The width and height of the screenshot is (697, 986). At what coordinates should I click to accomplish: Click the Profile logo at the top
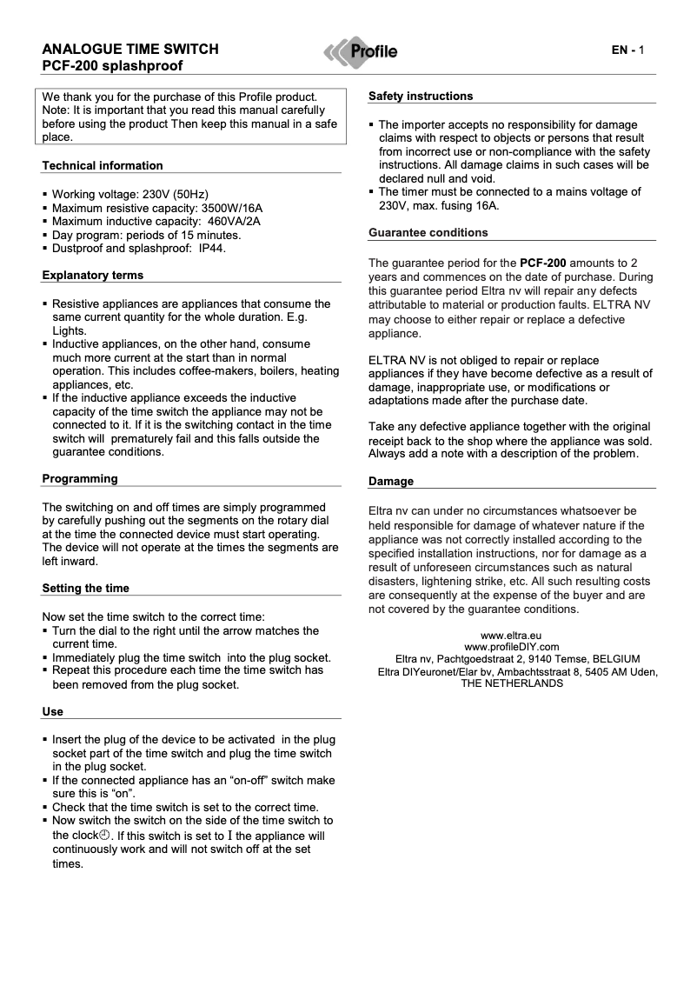[362, 51]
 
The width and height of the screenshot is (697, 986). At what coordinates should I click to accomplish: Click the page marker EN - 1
[627, 50]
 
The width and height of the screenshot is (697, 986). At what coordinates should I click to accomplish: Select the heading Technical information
[103, 165]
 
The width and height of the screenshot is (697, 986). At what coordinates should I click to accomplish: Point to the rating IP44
[213, 248]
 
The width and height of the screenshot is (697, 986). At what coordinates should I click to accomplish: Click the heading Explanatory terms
[93, 275]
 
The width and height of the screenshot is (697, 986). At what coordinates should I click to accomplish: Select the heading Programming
[80, 478]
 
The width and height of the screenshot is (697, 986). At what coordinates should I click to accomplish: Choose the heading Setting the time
[86, 588]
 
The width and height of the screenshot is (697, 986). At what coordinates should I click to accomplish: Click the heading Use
[53, 711]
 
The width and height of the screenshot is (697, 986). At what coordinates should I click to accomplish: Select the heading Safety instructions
[421, 96]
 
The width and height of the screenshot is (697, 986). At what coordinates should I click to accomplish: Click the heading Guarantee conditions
[428, 232]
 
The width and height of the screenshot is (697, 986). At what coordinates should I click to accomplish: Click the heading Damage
[391, 481]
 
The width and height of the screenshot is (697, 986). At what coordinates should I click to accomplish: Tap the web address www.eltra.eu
[512, 636]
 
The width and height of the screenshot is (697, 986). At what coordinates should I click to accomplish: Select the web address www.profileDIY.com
[512, 647]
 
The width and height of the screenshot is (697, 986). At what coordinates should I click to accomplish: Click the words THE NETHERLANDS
[512, 683]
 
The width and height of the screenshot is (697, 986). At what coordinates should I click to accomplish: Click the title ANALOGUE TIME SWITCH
[130, 50]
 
